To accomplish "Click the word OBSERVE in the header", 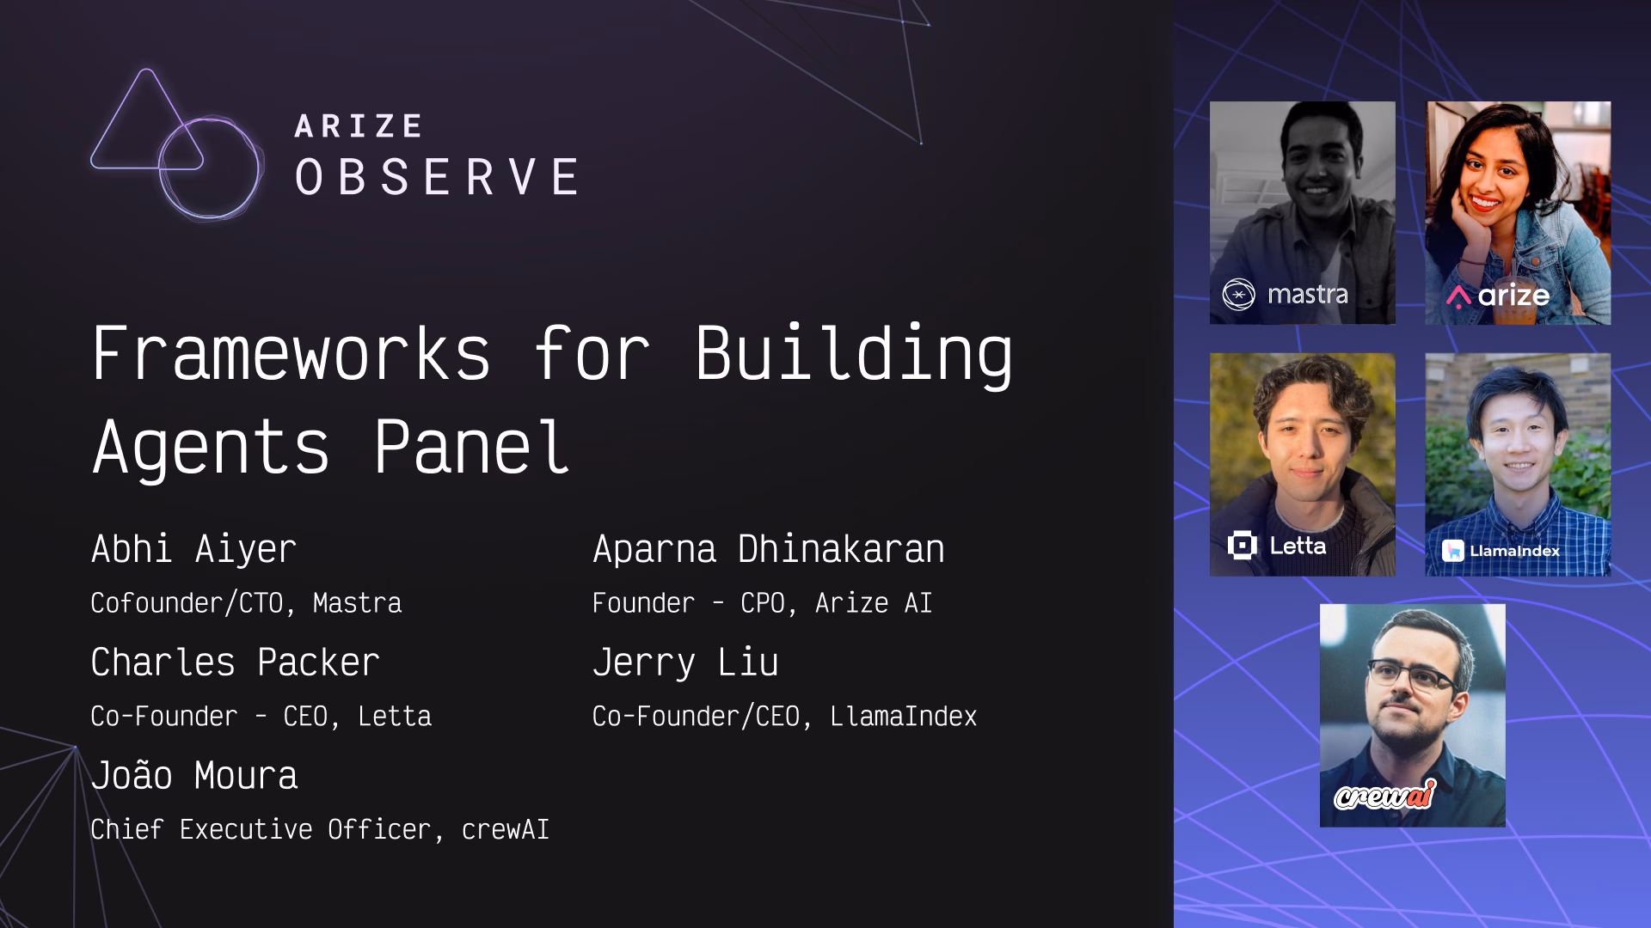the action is point(437,177).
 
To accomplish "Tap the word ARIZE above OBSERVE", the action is point(358,126).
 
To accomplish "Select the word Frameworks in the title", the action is point(291,353).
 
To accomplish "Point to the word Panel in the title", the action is point(471,447).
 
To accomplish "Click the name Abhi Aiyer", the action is point(193,550).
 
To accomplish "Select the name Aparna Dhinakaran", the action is point(768,550).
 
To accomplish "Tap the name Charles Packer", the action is point(235,662).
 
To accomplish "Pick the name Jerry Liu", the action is point(685,663).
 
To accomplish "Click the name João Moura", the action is point(194,775).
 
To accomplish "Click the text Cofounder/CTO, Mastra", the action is point(246,603).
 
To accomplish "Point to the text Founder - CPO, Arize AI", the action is point(762,603).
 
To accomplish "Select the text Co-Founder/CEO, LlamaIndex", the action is point(784,717).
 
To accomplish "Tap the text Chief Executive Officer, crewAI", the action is point(320,829).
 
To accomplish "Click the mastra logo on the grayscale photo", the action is point(1285,295).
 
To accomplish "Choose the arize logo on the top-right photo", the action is point(1497,296).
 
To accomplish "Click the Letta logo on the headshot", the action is point(1277,546).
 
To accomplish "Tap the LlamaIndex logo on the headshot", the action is point(1501,551).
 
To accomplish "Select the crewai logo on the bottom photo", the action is point(1384,796).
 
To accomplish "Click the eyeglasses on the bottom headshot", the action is point(1411,675).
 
